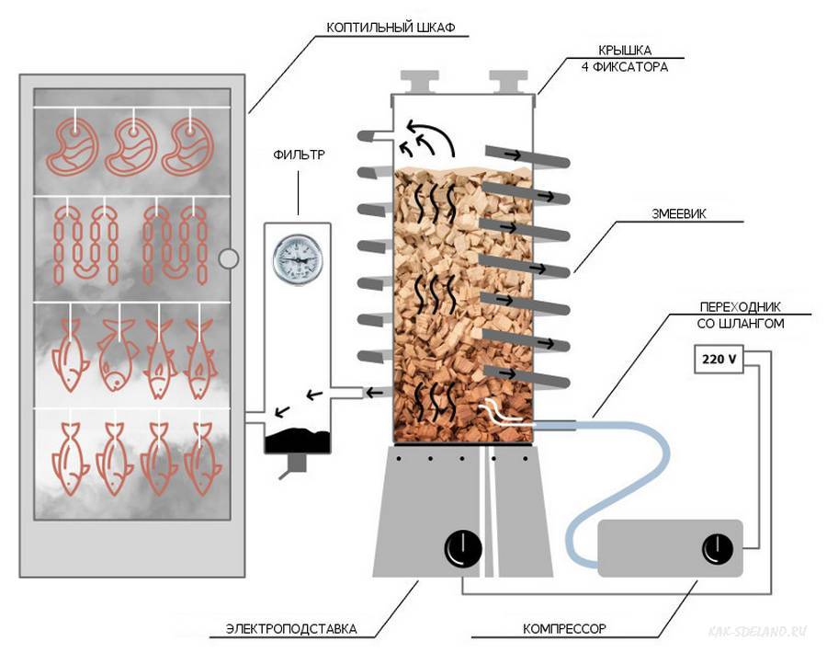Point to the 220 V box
click(719, 360)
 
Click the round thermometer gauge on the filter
click(297, 258)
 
